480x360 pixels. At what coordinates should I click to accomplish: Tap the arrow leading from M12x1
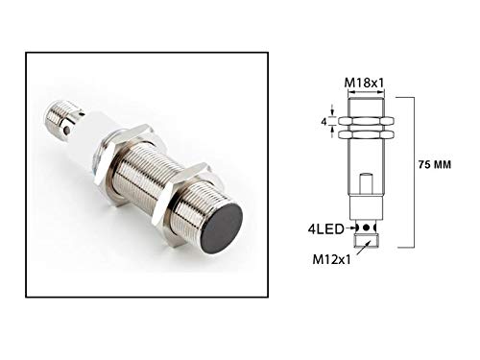point(357,249)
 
